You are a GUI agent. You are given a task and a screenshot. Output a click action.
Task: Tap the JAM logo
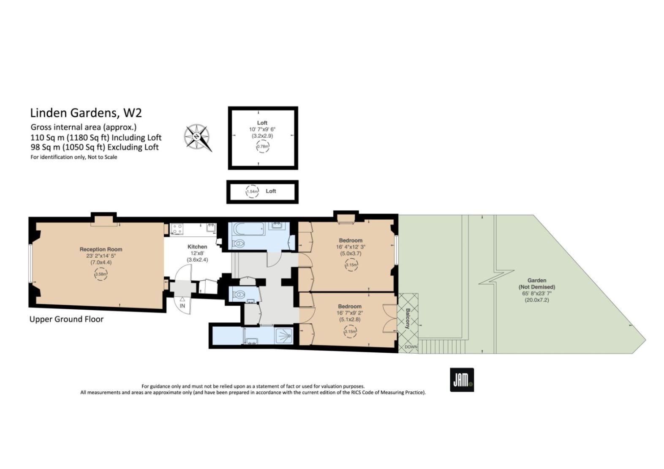[462, 380]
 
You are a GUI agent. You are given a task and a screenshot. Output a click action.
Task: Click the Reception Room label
[101, 249]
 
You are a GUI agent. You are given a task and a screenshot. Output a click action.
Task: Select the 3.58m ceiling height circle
[101, 274]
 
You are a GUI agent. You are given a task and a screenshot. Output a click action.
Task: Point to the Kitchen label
[197, 247]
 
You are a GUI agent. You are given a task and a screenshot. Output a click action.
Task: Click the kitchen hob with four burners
[177, 229]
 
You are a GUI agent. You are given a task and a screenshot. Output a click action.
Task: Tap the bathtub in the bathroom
[249, 229]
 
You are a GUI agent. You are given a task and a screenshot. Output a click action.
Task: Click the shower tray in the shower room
[284, 336]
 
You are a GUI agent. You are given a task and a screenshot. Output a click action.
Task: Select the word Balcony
[408, 319]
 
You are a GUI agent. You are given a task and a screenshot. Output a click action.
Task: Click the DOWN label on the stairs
[411, 347]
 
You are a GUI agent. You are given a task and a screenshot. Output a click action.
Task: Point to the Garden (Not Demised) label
[537, 284]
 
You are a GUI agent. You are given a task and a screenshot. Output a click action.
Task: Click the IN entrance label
[182, 305]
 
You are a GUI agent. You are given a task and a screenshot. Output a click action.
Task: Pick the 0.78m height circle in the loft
[263, 147]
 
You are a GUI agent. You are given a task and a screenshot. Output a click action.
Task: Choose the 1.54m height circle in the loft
[252, 191]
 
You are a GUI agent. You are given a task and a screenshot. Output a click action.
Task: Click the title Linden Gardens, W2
[86, 113]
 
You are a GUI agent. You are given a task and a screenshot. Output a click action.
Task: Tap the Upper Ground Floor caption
[66, 319]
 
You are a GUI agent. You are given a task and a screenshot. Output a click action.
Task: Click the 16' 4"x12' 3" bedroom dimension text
[351, 247]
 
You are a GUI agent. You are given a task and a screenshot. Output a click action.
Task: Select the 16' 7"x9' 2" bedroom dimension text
[350, 313]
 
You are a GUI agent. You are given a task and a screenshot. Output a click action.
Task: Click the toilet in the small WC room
[239, 294]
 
